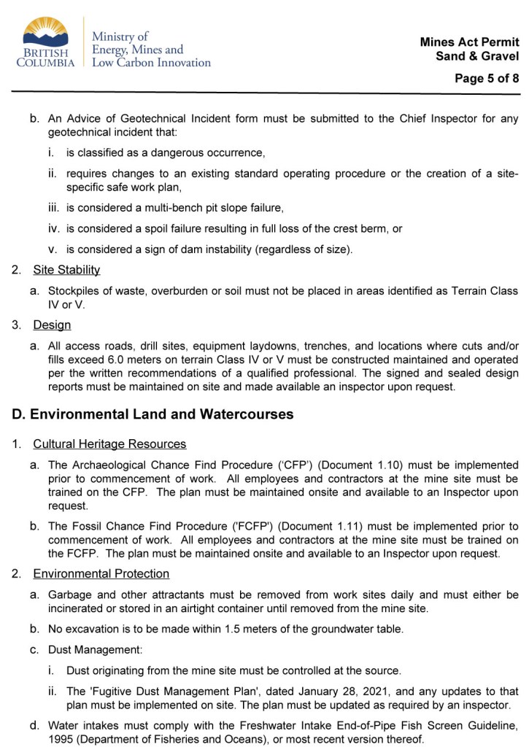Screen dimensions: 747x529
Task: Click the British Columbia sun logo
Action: (45, 32)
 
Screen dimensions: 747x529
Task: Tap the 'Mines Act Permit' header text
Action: (469, 42)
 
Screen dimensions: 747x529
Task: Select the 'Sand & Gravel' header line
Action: (478, 56)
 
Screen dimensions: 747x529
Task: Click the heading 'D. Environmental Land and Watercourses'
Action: (152, 414)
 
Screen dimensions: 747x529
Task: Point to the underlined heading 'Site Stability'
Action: (66, 270)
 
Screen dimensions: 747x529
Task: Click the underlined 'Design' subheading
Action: (52, 325)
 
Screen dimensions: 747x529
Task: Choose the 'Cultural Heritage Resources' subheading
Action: (109, 444)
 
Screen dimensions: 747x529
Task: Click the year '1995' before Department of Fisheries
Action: (61, 739)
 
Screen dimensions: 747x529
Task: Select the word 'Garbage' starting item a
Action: (69, 595)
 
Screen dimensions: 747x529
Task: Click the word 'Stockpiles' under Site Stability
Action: (74, 291)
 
